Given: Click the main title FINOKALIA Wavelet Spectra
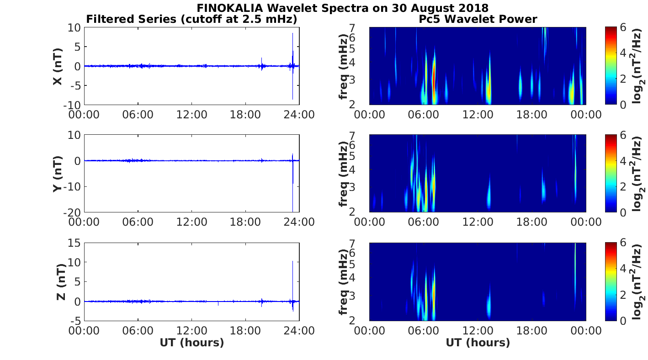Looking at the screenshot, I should [343, 8].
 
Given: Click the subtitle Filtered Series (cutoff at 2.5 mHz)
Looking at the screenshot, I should [192, 19].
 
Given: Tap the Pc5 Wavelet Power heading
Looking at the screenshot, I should [478, 19].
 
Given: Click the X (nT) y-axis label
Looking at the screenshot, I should [58, 67].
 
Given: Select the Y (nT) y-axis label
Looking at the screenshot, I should [58, 174].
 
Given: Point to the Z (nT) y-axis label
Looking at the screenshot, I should [60, 282].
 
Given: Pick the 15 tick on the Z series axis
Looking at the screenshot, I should [75, 243].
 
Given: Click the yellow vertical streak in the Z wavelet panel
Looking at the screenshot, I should [575, 258].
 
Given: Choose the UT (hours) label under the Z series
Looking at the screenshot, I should [192, 343].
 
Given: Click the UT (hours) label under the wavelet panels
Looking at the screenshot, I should [478, 343].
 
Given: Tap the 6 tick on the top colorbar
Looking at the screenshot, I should [623, 27].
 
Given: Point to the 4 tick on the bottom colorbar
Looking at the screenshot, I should [623, 269].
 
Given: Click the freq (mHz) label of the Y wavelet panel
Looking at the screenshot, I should [343, 174].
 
